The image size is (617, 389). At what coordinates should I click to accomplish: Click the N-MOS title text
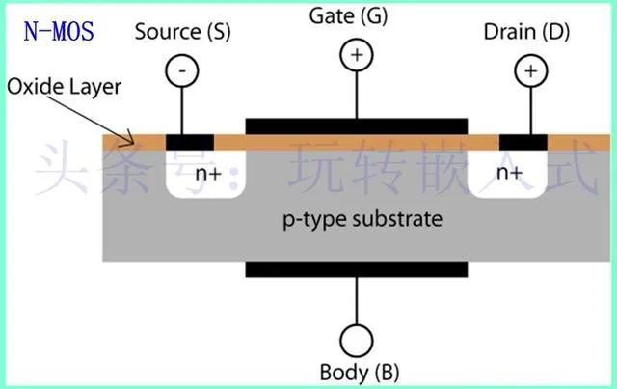(x=59, y=31)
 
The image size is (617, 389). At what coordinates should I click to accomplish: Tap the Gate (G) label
(x=357, y=15)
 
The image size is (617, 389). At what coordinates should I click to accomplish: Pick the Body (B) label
(x=358, y=372)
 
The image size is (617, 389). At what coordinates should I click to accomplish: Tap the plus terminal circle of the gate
(x=357, y=55)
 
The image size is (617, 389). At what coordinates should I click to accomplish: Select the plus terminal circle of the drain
(x=528, y=69)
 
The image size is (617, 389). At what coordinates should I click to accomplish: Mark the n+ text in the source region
(x=208, y=174)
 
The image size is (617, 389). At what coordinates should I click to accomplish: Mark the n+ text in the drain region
(x=509, y=174)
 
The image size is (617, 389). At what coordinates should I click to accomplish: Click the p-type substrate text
(x=362, y=219)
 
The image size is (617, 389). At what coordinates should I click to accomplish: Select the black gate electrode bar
(x=357, y=127)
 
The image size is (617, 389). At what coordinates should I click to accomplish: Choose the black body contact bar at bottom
(x=357, y=267)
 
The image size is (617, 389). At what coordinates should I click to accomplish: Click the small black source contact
(x=190, y=142)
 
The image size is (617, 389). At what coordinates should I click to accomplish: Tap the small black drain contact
(x=523, y=142)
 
